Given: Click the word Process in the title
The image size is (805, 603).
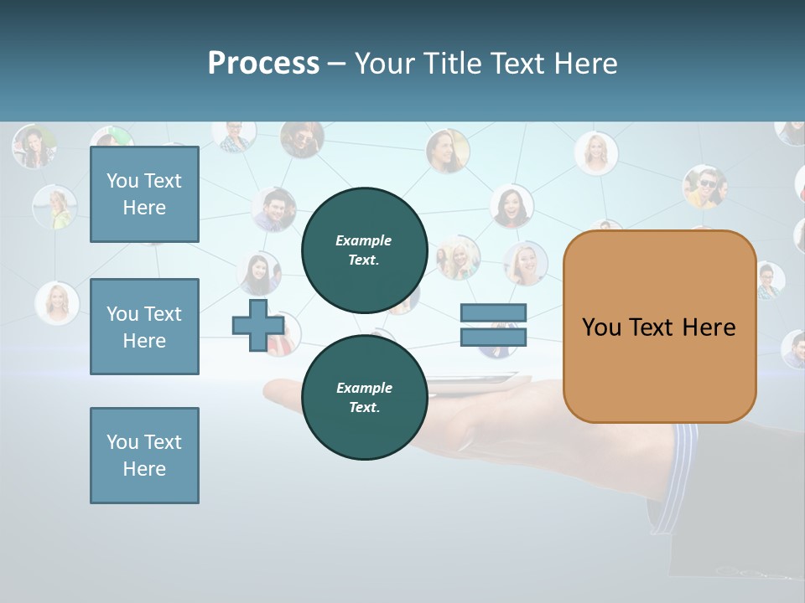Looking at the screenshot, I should (263, 64).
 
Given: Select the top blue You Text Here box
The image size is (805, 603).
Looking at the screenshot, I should (144, 194).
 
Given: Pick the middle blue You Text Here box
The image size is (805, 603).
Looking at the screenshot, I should (144, 327).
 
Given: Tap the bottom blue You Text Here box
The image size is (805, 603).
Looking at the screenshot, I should (144, 456).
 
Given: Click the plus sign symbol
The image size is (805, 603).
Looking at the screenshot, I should (257, 326).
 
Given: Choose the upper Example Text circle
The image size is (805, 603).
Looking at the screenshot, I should (364, 250).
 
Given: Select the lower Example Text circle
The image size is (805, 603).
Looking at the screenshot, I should (364, 397).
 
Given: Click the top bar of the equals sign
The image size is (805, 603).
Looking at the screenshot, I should (493, 313).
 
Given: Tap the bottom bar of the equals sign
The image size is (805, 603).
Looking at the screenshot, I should (493, 338).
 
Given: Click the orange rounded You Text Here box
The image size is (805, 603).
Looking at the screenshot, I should (659, 327).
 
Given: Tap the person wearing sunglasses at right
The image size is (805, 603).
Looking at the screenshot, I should (704, 186).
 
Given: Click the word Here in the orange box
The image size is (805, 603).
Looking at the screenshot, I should (709, 327).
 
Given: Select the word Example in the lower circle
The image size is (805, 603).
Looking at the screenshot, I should (364, 388).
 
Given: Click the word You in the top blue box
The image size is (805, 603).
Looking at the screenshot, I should (122, 181).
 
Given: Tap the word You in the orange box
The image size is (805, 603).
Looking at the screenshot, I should (600, 327).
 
